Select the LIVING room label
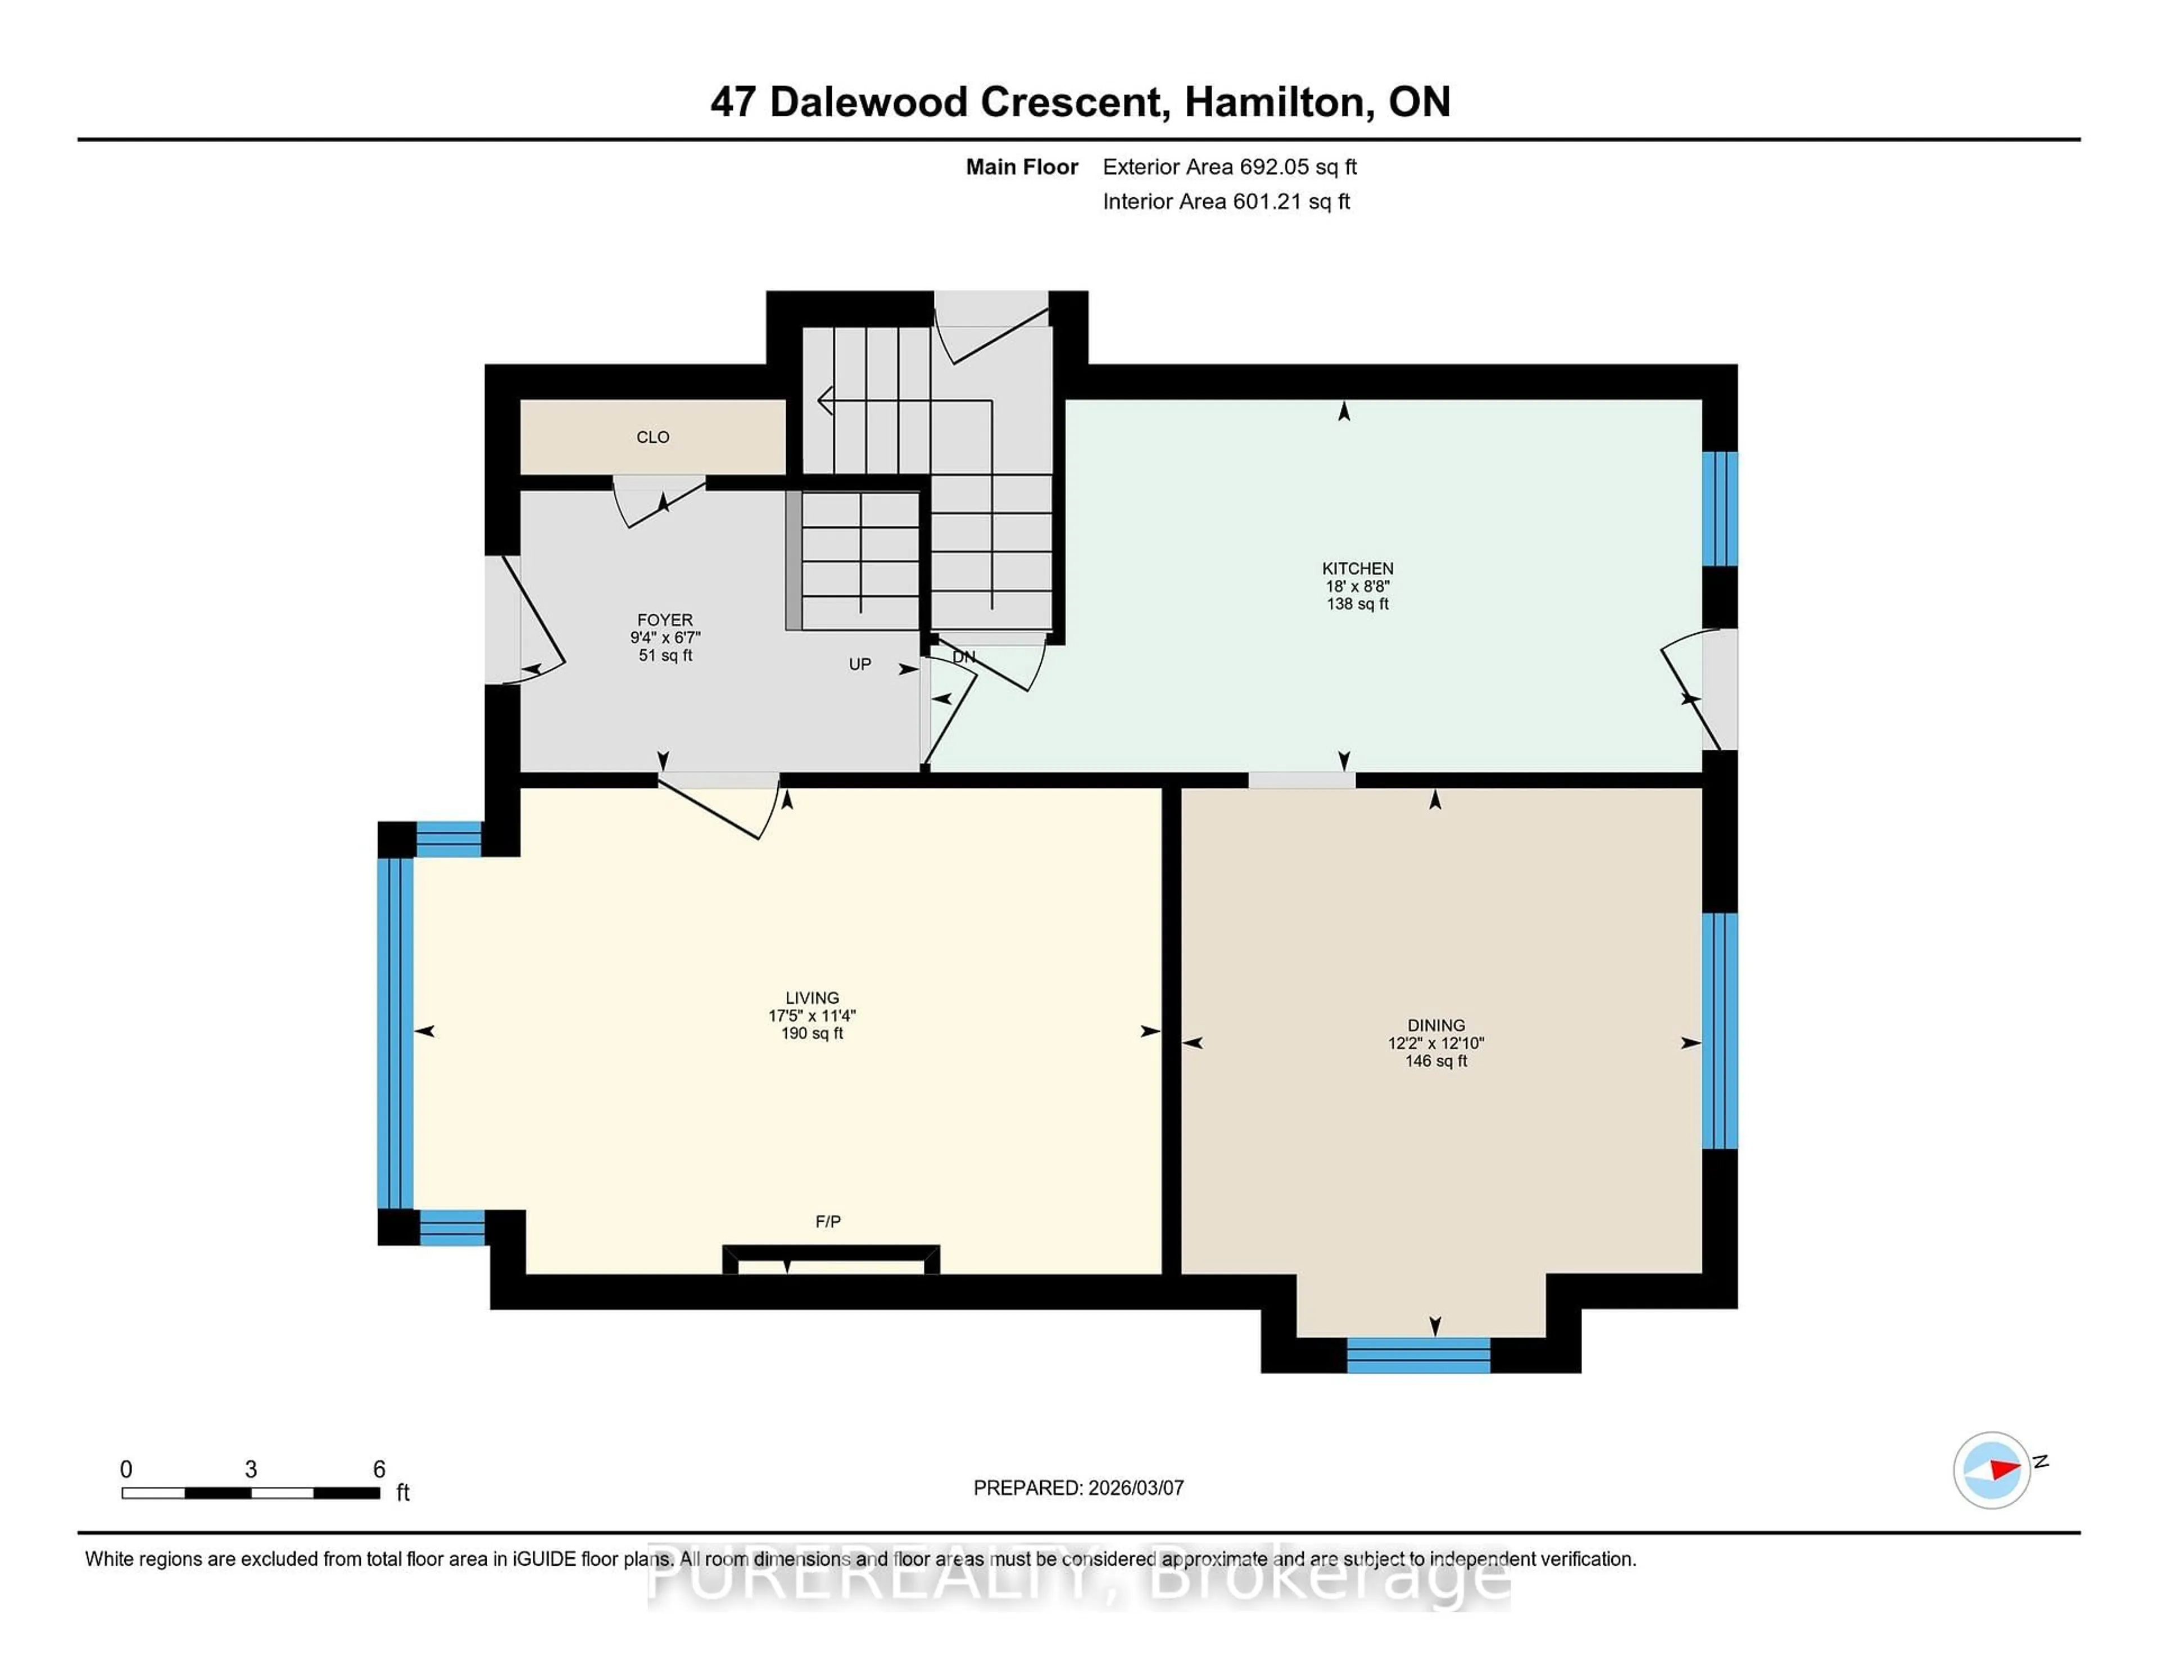pos(811,998)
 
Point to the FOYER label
pos(664,619)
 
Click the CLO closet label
pos(652,437)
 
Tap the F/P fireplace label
pos(827,1221)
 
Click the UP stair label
pos(860,664)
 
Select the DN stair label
pos(963,657)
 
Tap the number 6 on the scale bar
pos(378,1470)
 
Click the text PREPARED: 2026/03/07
pos(1078,1487)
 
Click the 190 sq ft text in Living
pos(811,1034)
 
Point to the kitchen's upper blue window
pos(1719,508)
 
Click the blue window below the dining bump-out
pos(1418,1355)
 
